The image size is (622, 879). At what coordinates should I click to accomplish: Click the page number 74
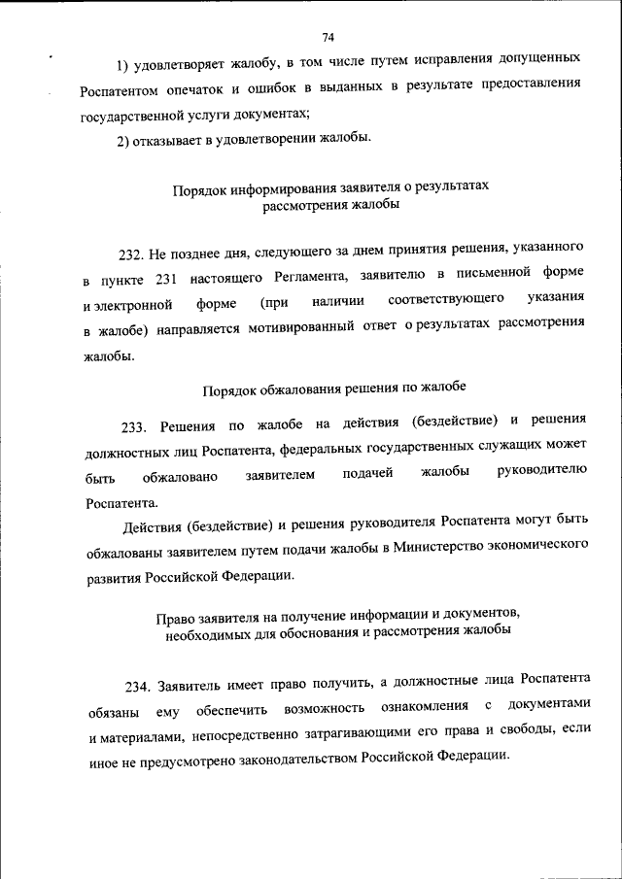pos(328,38)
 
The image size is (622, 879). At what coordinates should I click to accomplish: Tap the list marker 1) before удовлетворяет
pos(124,65)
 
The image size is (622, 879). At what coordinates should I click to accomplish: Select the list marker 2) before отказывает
pos(124,140)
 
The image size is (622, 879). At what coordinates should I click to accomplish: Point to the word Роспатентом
pos(121,89)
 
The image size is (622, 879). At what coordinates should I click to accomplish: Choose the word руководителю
pos(541,472)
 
